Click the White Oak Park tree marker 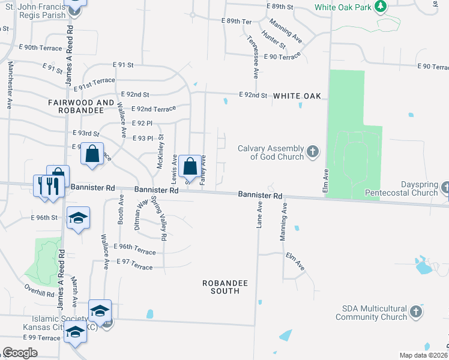(x=379, y=7)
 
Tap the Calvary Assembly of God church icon (x=312, y=152)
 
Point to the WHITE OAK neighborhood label (x=297, y=96)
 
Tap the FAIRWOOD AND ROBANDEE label (x=81, y=107)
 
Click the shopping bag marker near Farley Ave (x=190, y=166)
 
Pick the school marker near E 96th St (x=77, y=218)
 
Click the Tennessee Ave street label (x=256, y=60)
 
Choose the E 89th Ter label (x=239, y=21)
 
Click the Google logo (x=20, y=353)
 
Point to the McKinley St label (x=160, y=152)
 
